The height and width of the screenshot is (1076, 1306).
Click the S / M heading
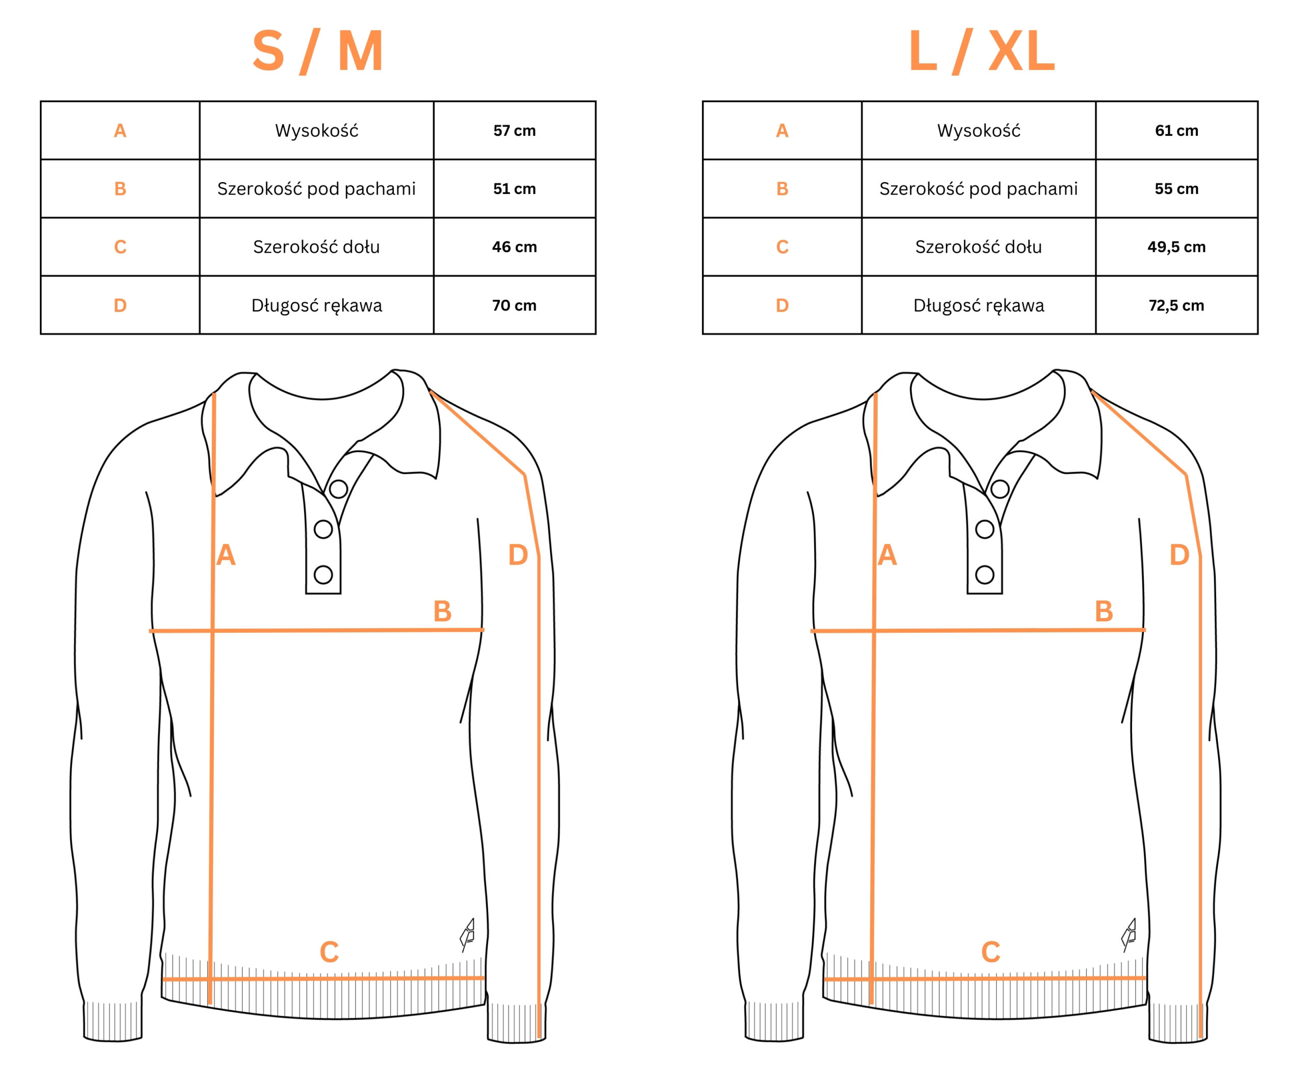pos(317,52)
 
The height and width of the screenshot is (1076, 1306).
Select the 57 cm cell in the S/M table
pos(514,131)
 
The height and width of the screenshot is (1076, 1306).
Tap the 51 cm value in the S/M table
pos(514,189)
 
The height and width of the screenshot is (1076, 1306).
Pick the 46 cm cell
pos(514,247)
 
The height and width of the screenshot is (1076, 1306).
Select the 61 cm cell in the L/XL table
pos(1176,131)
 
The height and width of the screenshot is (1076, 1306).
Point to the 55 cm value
pos(1176,189)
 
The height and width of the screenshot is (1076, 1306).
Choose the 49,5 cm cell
pos(1176,247)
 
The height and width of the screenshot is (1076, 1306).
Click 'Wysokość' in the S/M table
pos(317,130)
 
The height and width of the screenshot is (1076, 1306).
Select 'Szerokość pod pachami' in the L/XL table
pos(978,188)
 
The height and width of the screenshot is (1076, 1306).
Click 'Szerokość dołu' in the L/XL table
pos(978,247)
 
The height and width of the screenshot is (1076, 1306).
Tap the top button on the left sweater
pos(338,489)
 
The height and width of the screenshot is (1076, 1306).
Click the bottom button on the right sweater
pos(985,575)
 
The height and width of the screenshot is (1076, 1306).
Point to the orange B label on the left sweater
pos(442,611)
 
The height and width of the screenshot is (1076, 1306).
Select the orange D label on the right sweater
pos(1179,555)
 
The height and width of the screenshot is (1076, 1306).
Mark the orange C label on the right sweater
pos(991,952)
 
